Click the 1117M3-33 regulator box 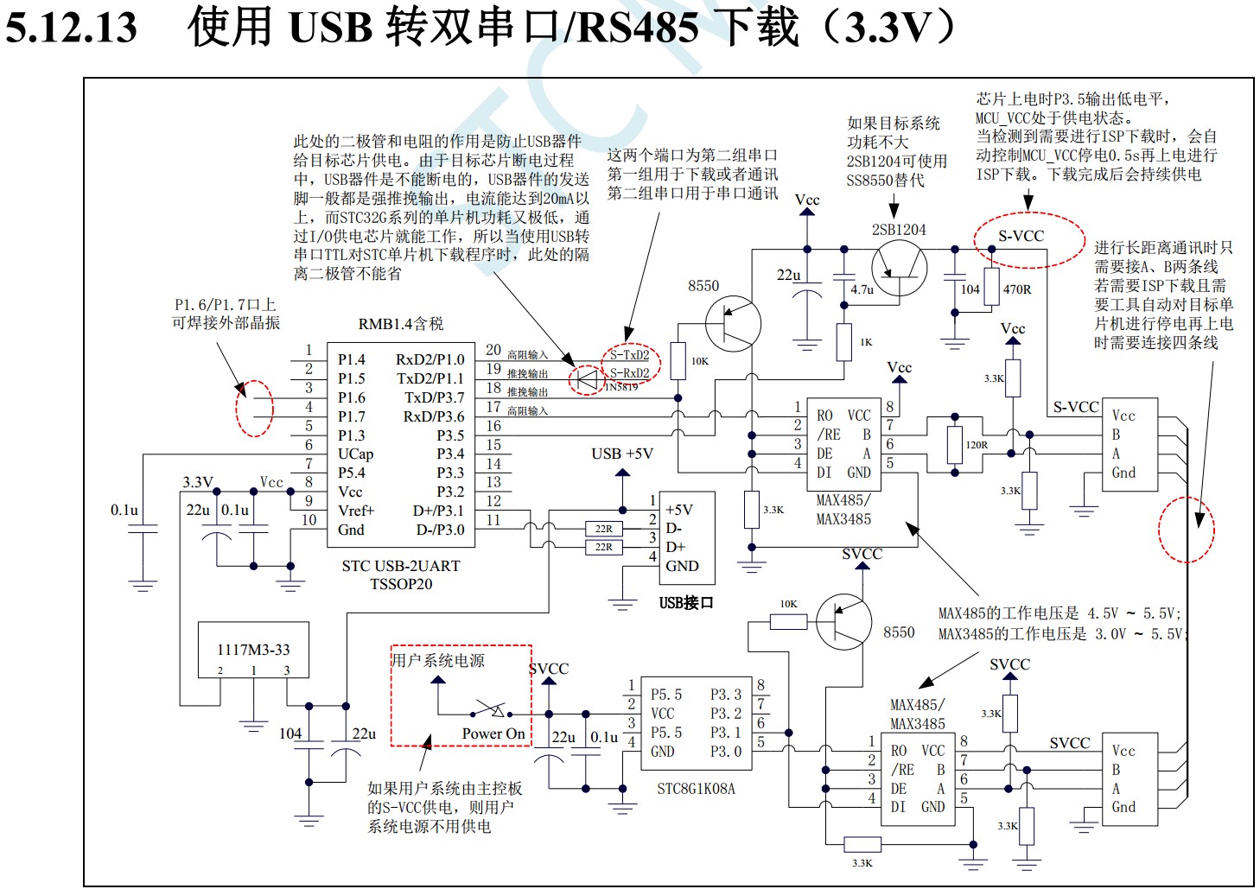click(x=253, y=650)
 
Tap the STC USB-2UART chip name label click(x=401, y=566)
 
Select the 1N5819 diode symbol click(x=588, y=378)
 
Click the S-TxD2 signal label click(x=629, y=355)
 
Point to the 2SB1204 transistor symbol click(x=899, y=269)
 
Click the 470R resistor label click(x=1017, y=289)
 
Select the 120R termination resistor click(x=954, y=445)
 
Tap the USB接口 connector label click(x=686, y=602)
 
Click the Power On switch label click(x=493, y=733)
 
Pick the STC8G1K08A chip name click(x=696, y=788)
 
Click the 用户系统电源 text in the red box click(x=438, y=661)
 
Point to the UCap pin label click(x=355, y=454)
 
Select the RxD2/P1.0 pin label click(x=430, y=359)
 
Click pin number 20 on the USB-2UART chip click(x=493, y=350)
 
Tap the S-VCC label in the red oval click(x=1021, y=236)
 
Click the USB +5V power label click(x=622, y=454)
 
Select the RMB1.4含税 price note click(x=401, y=324)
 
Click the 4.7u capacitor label click(x=862, y=289)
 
